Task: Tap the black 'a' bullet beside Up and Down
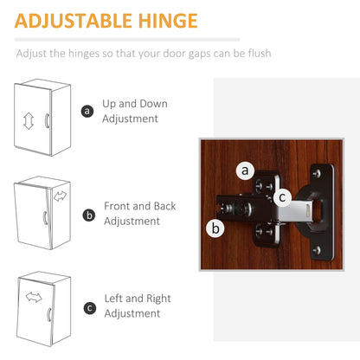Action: [x=87, y=111]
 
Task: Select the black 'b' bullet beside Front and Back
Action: [x=88, y=214]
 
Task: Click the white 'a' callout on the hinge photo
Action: [x=246, y=170]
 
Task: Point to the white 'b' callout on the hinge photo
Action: [x=214, y=228]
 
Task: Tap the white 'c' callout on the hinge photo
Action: [x=283, y=197]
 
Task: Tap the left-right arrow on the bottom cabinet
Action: [x=34, y=299]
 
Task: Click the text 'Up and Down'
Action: [x=135, y=104]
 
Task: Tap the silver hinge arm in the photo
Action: [x=299, y=209]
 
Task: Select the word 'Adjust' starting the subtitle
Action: [x=34, y=54]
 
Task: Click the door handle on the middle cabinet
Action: [x=45, y=222]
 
